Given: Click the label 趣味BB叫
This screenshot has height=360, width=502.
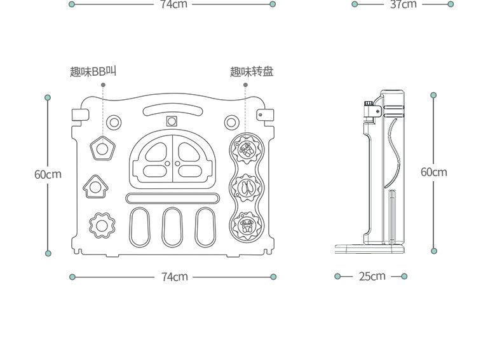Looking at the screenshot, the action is pyautogui.click(x=93, y=71).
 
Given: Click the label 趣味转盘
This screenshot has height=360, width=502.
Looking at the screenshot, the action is pyautogui.click(x=252, y=71).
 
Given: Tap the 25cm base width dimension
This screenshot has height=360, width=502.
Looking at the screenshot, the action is pyautogui.click(x=372, y=276).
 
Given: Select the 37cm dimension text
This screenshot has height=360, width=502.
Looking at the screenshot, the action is pyautogui.click(x=404, y=4).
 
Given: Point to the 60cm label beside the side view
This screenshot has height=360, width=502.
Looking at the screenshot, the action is pyautogui.click(x=434, y=172).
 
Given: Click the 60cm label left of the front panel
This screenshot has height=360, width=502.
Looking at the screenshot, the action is pyautogui.click(x=48, y=174).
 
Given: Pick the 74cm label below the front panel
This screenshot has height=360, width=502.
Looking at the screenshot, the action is pyautogui.click(x=175, y=277).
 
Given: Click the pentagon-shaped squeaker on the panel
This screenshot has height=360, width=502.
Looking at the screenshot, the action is pyautogui.click(x=102, y=148).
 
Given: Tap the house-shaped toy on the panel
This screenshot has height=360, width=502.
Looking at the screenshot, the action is pyautogui.click(x=95, y=186).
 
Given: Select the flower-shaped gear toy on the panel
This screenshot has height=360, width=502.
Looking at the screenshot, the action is pyautogui.click(x=102, y=226).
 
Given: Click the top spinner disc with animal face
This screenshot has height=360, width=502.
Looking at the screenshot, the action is pyautogui.click(x=246, y=149).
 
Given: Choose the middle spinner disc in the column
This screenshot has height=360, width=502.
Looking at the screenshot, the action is pyautogui.click(x=246, y=188).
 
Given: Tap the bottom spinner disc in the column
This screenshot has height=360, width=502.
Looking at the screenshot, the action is pyautogui.click(x=246, y=225).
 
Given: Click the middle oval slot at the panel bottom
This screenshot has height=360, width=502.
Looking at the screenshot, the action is pyautogui.click(x=172, y=227).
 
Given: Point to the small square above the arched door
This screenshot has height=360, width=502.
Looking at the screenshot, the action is pyautogui.click(x=172, y=121).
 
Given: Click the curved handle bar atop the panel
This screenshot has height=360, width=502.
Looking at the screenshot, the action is pyautogui.click(x=173, y=111).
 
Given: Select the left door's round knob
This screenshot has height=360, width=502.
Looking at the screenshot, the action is pyautogui.click(x=167, y=163).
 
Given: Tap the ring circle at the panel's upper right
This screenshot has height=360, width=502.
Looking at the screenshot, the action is pyautogui.click(x=231, y=123).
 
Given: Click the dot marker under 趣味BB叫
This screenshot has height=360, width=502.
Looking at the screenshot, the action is pyautogui.click(x=103, y=85).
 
